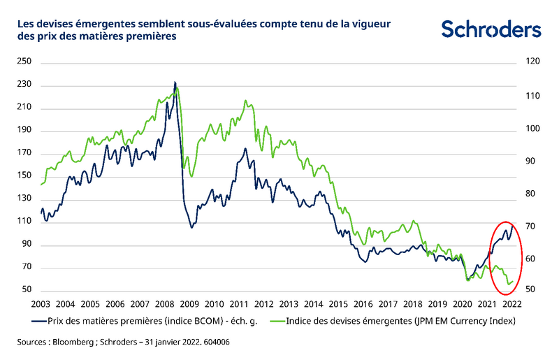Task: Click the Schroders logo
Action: coord(491,29)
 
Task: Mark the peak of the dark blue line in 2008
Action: coord(174,82)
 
